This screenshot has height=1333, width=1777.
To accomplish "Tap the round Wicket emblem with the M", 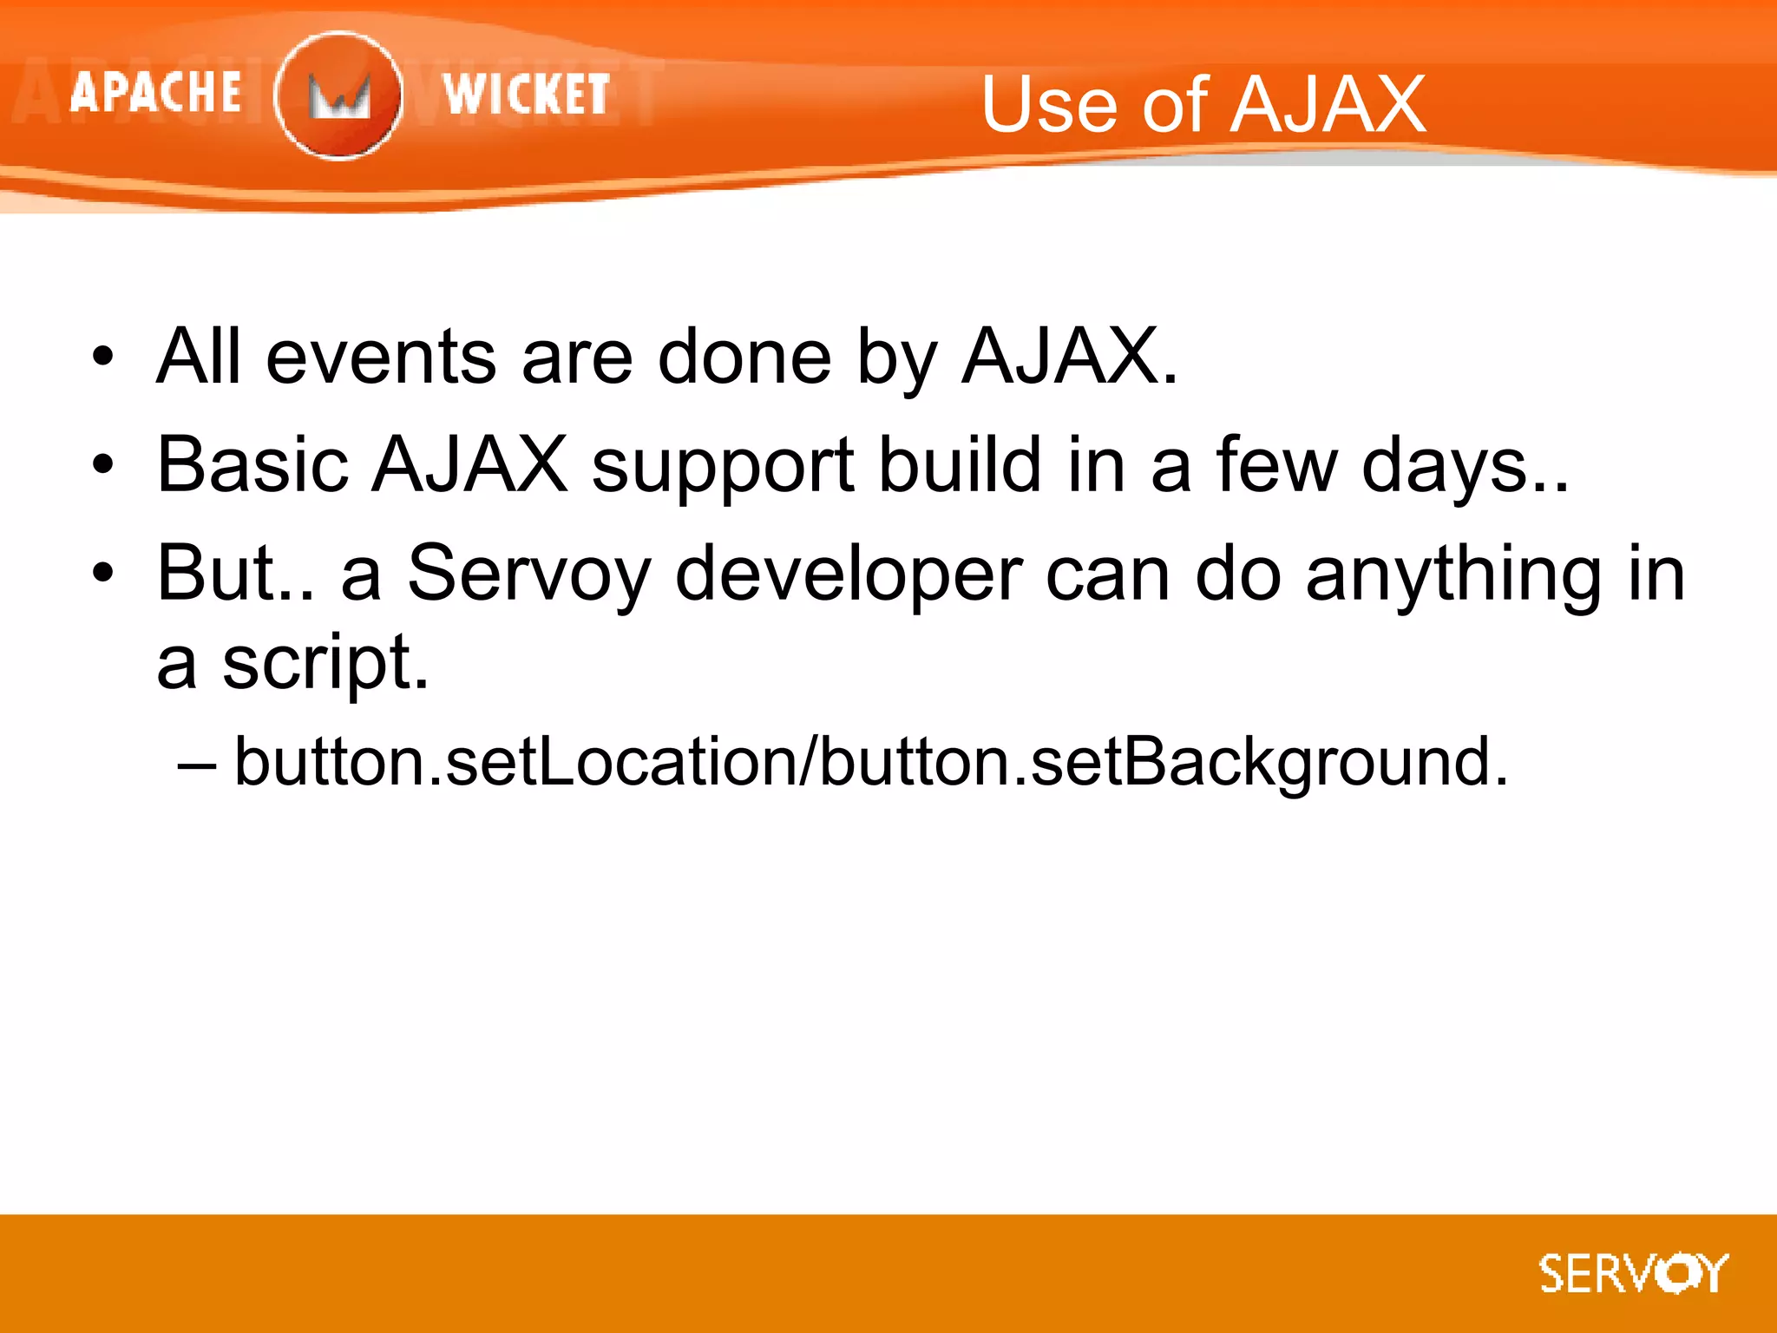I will (338, 95).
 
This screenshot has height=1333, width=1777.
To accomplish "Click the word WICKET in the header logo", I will (526, 94).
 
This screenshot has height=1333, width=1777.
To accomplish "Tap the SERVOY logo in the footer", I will (1634, 1274).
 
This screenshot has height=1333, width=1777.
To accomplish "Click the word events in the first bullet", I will (381, 358).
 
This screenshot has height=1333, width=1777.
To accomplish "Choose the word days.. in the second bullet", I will (1466, 467).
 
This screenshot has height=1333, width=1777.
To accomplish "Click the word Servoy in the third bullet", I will (528, 575).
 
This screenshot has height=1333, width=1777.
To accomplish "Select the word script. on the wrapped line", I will (325, 665).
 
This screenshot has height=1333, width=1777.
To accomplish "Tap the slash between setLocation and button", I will (808, 762).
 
